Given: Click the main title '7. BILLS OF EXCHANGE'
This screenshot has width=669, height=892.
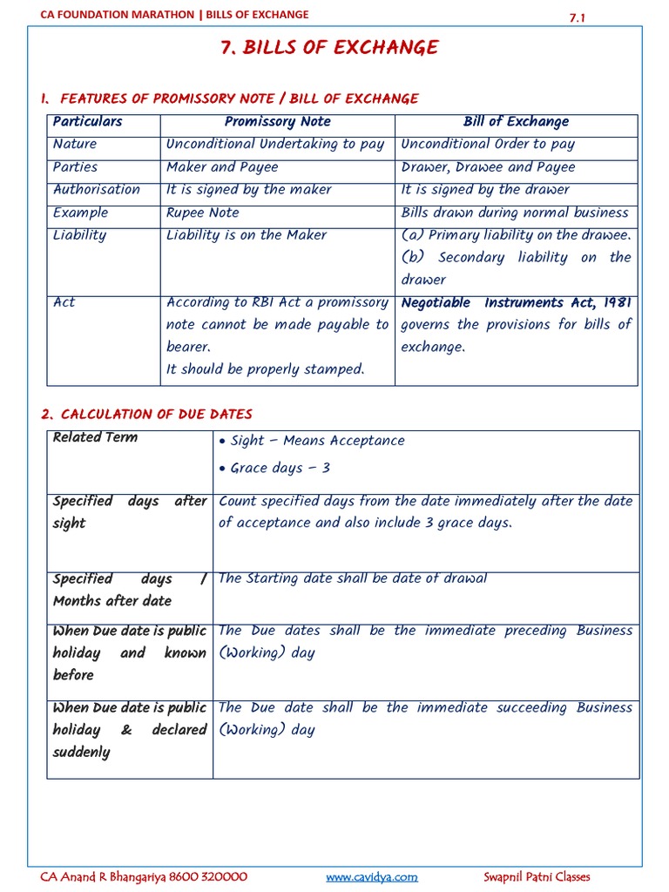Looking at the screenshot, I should [329, 48].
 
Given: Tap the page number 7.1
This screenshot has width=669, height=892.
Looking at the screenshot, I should [578, 17].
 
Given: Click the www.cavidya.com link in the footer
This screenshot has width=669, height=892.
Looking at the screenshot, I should [372, 877].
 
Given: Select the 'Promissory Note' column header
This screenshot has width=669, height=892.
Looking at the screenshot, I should [277, 122].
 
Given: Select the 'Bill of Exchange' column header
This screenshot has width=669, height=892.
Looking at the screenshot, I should [516, 122].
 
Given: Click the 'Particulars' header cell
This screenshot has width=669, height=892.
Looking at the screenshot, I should [87, 122].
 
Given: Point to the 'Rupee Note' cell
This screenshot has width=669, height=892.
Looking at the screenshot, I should [201, 213].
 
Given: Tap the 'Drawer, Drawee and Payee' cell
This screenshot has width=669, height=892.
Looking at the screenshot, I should [488, 167].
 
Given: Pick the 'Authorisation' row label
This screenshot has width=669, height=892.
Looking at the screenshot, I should [96, 190].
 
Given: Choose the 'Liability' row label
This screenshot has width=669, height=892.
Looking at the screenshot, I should [79, 235].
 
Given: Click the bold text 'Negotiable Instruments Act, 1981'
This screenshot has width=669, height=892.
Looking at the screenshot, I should [516, 303].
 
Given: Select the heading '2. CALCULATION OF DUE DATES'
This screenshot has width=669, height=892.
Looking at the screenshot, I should [146, 414].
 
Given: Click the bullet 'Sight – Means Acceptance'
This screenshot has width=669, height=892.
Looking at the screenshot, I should [317, 441].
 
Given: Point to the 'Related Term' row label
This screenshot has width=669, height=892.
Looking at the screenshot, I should [95, 437].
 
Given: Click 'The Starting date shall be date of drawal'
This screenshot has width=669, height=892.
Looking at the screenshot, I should [352, 578].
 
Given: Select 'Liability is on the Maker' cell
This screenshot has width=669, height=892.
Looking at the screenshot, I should [247, 235].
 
